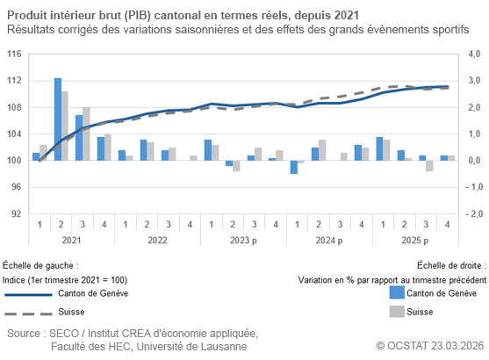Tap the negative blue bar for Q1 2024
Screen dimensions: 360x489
tap(294, 167)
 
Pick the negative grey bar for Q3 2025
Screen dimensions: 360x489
tap(429, 165)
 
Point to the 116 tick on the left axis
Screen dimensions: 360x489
tap(15, 54)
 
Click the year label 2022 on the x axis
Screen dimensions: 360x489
tap(157, 240)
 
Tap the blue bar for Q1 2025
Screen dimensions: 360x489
tap(379, 148)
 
